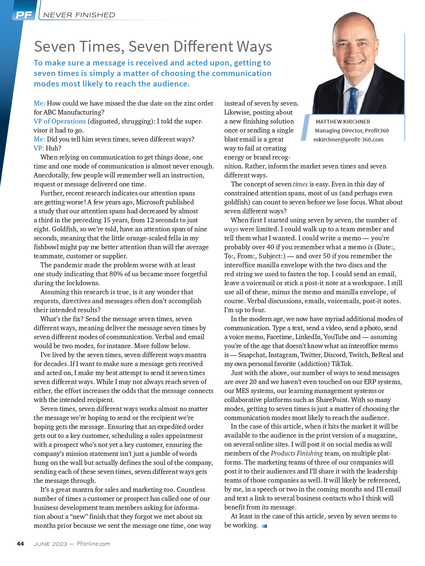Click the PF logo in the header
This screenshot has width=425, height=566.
[x=24, y=15]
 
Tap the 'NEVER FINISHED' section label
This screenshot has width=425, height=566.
[x=79, y=15]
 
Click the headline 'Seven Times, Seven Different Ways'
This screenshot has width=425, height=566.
[x=153, y=46]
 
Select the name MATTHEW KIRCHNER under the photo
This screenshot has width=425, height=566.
[x=343, y=122]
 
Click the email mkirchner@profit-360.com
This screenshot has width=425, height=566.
[x=348, y=140]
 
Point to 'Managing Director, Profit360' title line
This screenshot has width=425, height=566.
[x=352, y=131]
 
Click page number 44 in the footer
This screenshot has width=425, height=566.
[x=21, y=544]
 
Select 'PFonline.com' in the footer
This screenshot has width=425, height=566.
[x=93, y=544]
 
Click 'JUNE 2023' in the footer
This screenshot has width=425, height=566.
[x=51, y=544]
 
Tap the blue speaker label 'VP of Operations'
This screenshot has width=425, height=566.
[x=60, y=121]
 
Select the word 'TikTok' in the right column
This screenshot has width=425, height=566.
[x=342, y=364]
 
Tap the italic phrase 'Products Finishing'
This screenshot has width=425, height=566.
[x=296, y=453]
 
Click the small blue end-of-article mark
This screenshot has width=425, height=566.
[x=264, y=526]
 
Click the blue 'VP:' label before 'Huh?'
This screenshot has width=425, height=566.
[x=39, y=148]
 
